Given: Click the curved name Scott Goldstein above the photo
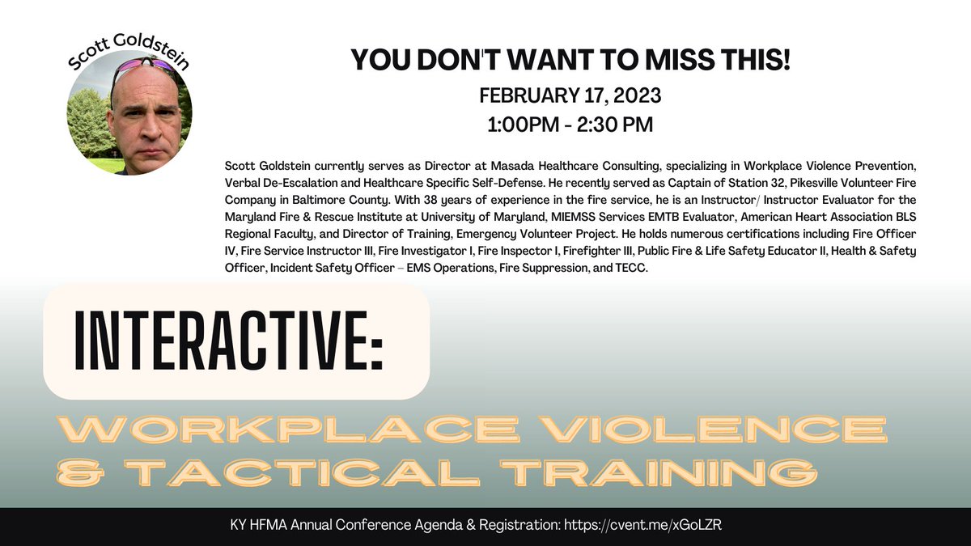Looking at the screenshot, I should (129, 50).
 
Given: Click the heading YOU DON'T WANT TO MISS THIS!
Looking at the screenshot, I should (570, 60).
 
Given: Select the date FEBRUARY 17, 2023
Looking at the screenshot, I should (570, 95).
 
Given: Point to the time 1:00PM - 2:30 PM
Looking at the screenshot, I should (570, 125).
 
